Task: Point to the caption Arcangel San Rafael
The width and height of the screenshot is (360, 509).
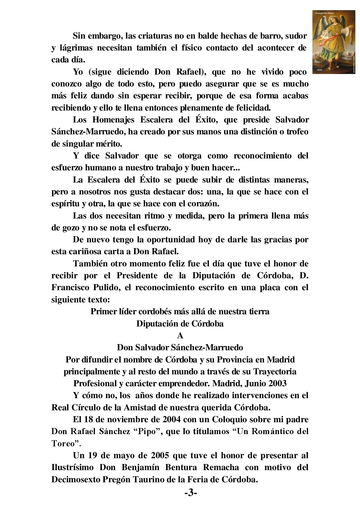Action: pyautogui.click(x=327, y=13)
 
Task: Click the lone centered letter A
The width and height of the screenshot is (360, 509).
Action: pyautogui.click(x=180, y=336)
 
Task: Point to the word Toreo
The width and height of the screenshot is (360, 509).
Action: pyautogui.click(x=63, y=443)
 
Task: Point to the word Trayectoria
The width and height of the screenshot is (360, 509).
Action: pyautogui.click(x=275, y=372)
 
